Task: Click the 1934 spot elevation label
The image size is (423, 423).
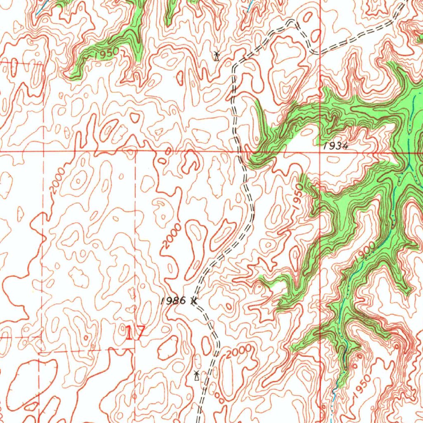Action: pyautogui.click(x=336, y=146)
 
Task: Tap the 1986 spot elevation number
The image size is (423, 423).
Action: pyautogui.click(x=174, y=301)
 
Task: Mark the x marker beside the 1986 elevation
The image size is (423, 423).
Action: pyautogui.click(x=193, y=301)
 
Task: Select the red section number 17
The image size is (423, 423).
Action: pyautogui.click(x=135, y=333)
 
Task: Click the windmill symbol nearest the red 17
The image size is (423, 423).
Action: pyautogui.click(x=197, y=375)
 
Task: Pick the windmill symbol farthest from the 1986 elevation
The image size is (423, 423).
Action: pyautogui.click(x=216, y=55)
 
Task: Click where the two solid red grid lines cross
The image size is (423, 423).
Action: pyautogui.click(x=321, y=151)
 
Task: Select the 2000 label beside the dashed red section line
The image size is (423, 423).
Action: pyautogui.click(x=57, y=181)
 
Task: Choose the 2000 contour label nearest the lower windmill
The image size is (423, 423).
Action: pyautogui.click(x=239, y=352)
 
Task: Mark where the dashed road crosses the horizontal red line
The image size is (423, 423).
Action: pyautogui.click(x=240, y=151)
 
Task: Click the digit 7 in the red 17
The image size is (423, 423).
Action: pyautogui.click(x=140, y=333)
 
